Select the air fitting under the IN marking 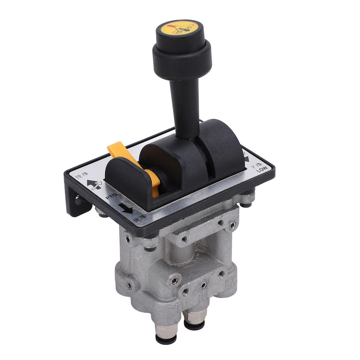194,320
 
